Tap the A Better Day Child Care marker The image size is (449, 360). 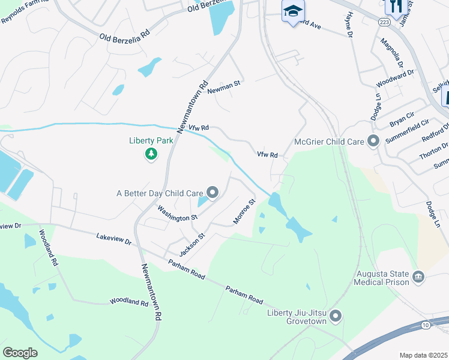point(212,193)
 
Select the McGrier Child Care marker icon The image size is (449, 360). point(373,142)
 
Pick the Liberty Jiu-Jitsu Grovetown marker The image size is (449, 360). point(336,315)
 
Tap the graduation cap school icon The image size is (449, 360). point(293,11)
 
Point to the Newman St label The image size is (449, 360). point(224,87)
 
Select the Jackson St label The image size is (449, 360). point(192,245)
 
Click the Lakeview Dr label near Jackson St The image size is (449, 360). point(113,239)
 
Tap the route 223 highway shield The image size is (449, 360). point(384,21)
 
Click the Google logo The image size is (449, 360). point(20,352)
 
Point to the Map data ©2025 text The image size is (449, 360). point(424,355)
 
